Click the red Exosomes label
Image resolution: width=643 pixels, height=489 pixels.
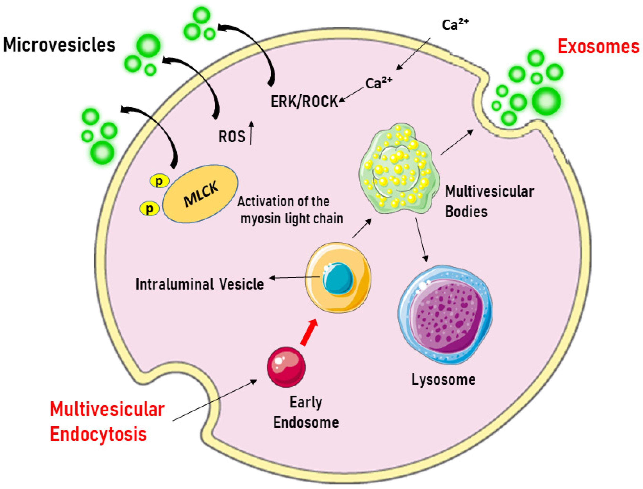coord(598,46)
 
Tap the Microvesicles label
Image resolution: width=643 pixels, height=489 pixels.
coord(59,45)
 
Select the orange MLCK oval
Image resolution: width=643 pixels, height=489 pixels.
coord(200,194)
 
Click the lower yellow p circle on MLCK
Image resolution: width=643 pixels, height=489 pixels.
coord(149,208)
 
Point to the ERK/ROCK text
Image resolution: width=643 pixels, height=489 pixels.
coord(304,102)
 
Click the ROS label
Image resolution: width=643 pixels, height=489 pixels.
coord(232,137)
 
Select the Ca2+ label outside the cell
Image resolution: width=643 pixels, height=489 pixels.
coord(455,25)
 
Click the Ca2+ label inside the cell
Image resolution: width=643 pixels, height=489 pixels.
coord(378,83)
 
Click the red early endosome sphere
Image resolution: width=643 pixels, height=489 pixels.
coord(286,367)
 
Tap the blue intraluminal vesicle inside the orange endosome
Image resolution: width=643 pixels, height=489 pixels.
coord(338,278)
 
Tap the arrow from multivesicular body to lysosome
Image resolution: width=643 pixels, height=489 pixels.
coord(421,239)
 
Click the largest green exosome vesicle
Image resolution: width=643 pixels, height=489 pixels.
coord(546,101)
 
